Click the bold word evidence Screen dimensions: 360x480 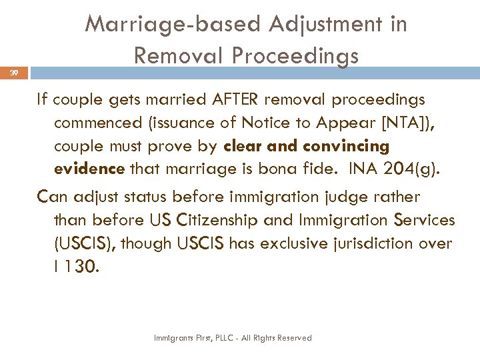click(89, 168)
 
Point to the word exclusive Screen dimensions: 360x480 click(297, 243)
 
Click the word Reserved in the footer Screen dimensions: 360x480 click(290, 338)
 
